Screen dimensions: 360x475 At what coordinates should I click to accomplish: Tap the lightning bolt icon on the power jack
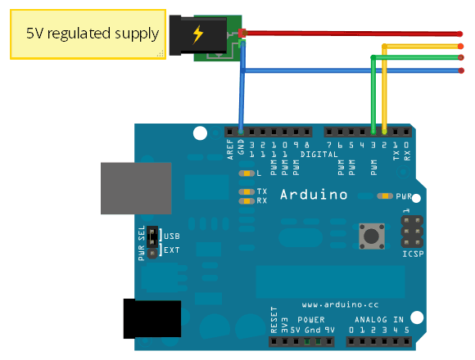point(198,34)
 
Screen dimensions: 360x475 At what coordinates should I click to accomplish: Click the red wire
point(352,34)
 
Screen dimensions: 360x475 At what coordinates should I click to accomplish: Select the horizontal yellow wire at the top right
point(422,47)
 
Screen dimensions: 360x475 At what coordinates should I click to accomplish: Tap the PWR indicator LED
point(383,196)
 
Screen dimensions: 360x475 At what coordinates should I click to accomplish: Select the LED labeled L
point(245,174)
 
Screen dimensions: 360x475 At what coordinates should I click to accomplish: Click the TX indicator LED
point(245,191)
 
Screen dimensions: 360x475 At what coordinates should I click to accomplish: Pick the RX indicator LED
point(245,200)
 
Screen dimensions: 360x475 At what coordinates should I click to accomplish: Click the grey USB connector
point(135,188)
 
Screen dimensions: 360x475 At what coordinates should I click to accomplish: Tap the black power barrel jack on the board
point(152,318)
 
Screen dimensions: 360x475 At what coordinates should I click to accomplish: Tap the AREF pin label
point(231,148)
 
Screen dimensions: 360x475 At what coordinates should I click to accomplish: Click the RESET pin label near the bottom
point(274,322)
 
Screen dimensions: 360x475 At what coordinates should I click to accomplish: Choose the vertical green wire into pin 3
point(374,94)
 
